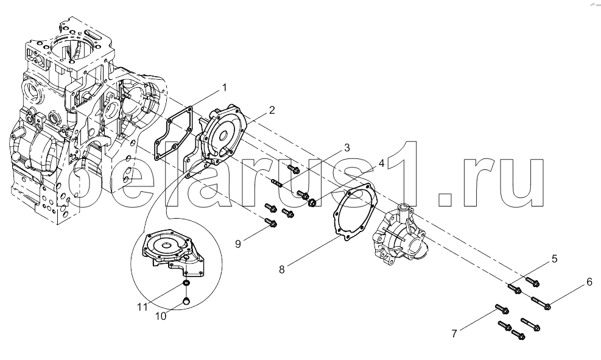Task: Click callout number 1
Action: click(x=225, y=88)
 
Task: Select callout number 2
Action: click(x=272, y=110)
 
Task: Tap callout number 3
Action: click(x=347, y=147)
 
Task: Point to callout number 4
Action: click(x=381, y=164)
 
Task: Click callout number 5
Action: click(x=554, y=259)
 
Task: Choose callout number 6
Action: click(x=589, y=282)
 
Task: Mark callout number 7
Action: click(x=454, y=334)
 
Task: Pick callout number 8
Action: click(x=282, y=269)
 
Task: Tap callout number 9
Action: click(x=238, y=244)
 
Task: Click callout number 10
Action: click(x=161, y=317)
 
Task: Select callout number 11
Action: click(x=142, y=307)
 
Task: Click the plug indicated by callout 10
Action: click(x=186, y=300)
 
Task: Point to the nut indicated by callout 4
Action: click(x=312, y=202)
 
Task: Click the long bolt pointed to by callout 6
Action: click(x=541, y=303)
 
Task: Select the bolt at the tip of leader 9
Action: click(x=270, y=222)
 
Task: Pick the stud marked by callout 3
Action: click(x=276, y=183)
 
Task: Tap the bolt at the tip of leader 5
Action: click(x=514, y=288)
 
